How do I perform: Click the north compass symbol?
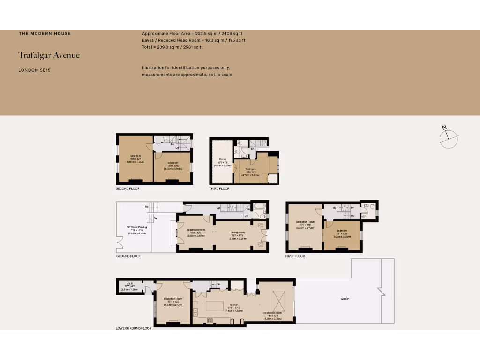click(x=449, y=136)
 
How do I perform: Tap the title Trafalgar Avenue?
click(x=49, y=55)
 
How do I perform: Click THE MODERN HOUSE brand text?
click(x=45, y=33)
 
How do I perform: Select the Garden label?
click(x=345, y=299)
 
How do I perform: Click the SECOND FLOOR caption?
click(x=128, y=188)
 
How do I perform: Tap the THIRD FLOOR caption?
click(x=219, y=188)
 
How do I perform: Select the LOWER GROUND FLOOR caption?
click(x=134, y=328)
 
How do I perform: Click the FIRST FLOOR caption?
click(x=295, y=256)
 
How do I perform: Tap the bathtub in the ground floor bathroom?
click(x=259, y=207)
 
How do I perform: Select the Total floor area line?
click(x=172, y=47)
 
